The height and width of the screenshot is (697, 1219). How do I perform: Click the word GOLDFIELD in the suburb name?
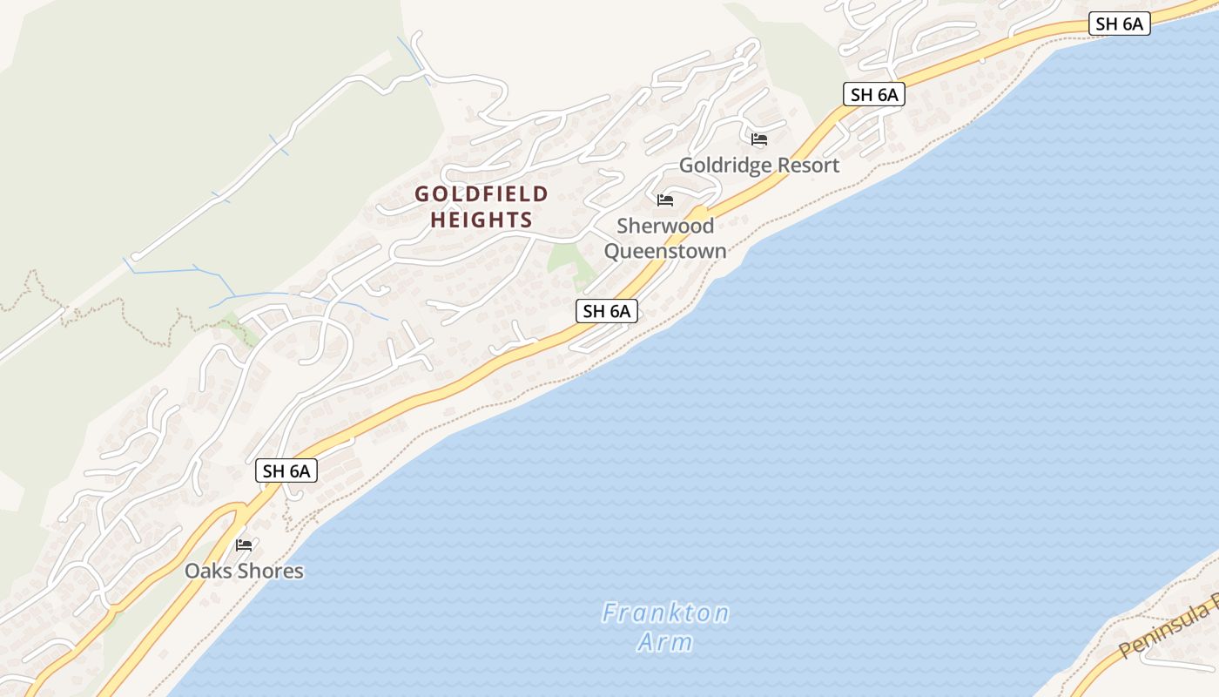(x=482, y=193)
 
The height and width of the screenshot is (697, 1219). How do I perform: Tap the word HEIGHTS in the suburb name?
(x=482, y=220)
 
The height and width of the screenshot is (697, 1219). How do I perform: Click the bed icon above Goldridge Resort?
(x=759, y=139)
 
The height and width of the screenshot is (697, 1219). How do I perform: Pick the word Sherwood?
(x=665, y=226)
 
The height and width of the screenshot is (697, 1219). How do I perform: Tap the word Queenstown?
(x=665, y=251)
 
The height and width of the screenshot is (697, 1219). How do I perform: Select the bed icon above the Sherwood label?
(x=665, y=200)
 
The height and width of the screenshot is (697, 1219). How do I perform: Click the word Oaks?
(x=209, y=572)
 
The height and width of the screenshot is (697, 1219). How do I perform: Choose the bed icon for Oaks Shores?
(x=244, y=545)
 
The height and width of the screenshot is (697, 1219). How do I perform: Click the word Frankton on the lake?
(x=665, y=613)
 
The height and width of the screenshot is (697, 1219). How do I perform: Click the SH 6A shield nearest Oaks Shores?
(x=286, y=471)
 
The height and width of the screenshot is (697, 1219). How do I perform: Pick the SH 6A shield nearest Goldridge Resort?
(x=873, y=94)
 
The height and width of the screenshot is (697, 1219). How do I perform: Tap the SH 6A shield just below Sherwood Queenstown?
(x=606, y=311)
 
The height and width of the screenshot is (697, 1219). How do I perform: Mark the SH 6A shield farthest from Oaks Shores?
(x=1119, y=24)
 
